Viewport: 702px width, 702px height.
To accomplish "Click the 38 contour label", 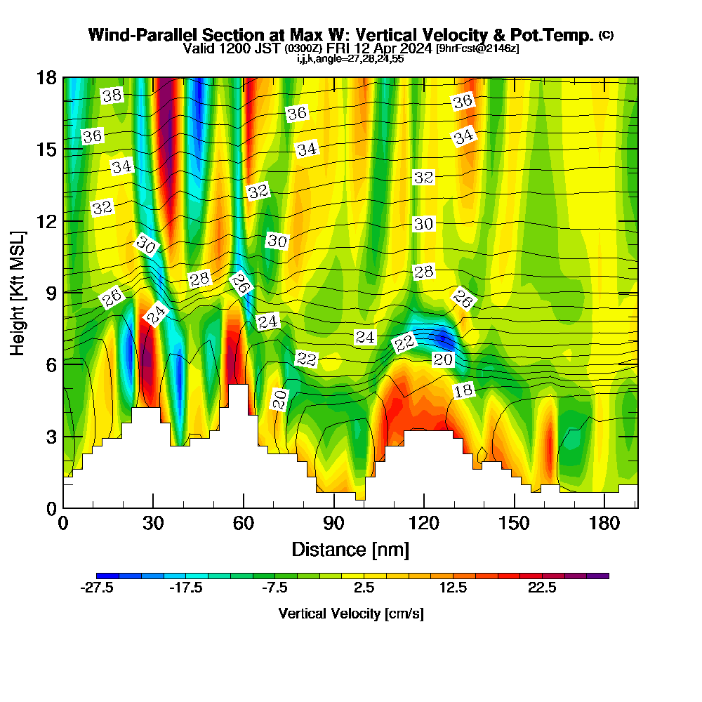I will click(112, 96).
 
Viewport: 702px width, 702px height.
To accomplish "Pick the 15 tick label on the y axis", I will click(46, 149).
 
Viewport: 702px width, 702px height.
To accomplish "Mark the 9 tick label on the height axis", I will click(50, 293).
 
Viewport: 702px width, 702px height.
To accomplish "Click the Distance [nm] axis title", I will click(350, 548).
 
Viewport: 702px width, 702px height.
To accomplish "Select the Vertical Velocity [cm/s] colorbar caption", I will click(351, 614).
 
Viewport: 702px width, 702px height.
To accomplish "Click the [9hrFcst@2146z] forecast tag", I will click(477, 48).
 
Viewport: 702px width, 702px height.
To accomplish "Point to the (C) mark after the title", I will click(606, 35).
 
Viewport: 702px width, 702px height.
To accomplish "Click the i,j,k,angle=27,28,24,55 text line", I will click(350, 59).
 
